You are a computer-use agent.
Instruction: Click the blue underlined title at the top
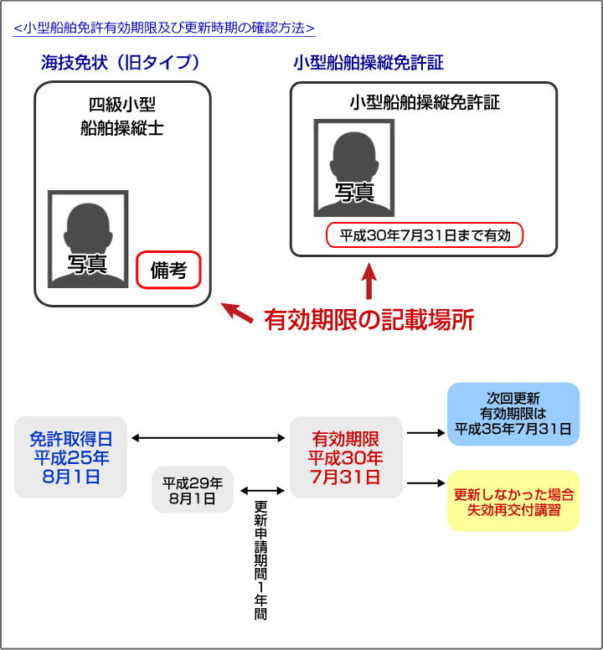point(164,28)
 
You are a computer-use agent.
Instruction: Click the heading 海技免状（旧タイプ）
point(121,63)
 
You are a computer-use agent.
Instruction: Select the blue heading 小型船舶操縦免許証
point(368,63)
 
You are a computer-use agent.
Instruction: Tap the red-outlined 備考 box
point(168,270)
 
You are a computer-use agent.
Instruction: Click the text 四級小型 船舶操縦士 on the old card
point(122,116)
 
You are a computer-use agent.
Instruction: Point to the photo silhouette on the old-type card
point(88,240)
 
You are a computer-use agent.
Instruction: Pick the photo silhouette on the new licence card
point(354,168)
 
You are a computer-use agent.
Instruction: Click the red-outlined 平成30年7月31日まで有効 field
point(425,235)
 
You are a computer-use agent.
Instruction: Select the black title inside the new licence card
point(425,102)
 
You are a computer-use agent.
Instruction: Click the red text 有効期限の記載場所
point(368,320)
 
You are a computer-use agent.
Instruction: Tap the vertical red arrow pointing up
point(368,281)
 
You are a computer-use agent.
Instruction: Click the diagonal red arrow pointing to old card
point(237,312)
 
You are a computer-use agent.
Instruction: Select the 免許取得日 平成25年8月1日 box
point(71,457)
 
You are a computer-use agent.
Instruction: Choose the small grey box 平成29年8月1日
point(193,490)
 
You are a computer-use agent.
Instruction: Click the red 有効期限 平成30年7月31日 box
point(346,457)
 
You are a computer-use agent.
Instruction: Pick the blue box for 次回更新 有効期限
point(513,414)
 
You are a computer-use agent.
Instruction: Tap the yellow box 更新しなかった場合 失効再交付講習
point(513,501)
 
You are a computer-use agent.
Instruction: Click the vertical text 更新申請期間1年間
point(260,560)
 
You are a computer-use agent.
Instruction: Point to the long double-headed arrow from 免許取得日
point(208,438)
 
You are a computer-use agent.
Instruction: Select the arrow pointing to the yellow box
point(425,483)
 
